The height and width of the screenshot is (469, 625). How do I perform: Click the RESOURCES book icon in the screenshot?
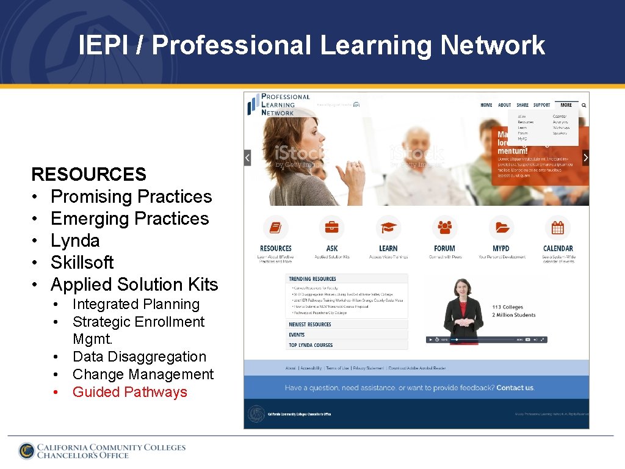coord(275,228)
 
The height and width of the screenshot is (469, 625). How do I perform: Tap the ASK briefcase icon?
coord(331,228)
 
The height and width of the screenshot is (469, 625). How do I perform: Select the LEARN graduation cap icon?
coord(388,228)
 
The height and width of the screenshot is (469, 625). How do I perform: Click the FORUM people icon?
coord(444,228)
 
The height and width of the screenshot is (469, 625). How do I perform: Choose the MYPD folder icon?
coord(501,228)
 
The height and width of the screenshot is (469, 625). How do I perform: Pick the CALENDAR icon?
coord(558,228)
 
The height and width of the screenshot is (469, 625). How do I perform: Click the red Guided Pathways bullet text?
coord(129,392)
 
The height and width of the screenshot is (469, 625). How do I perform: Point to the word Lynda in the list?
coord(75,241)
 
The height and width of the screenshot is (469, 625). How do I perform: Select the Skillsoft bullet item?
coord(82,263)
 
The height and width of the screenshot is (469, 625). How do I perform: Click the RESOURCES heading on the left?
coord(89,175)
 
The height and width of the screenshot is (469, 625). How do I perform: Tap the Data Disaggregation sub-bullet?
coord(139,357)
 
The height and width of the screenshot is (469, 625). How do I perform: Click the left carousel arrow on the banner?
coord(247,158)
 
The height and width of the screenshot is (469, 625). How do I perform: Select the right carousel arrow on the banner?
coord(585,158)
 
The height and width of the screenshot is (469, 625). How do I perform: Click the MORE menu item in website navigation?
coord(566,105)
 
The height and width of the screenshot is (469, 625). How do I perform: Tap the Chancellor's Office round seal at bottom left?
coord(26,451)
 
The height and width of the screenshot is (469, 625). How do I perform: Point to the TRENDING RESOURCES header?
coord(312,279)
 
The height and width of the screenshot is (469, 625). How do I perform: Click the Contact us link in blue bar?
coord(515,388)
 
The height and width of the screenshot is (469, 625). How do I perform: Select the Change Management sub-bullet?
coord(143,374)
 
